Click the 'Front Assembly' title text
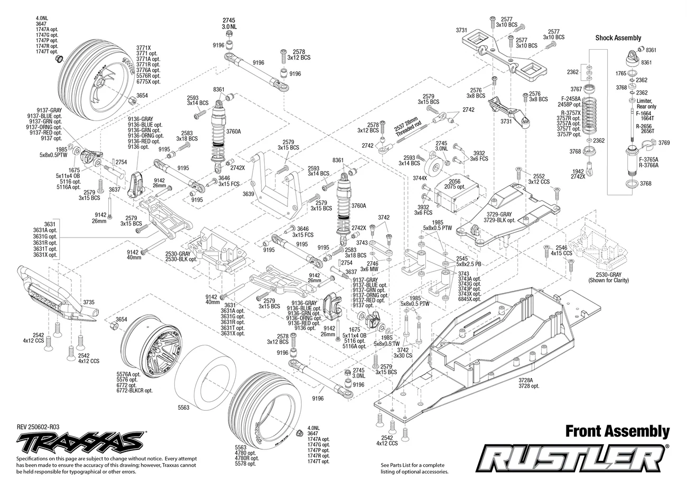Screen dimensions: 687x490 click(x=617, y=431)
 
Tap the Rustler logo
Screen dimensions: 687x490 click(x=572, y=458)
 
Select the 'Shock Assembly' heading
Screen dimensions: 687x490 click(x=618, y=38)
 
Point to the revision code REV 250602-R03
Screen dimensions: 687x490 click(x=38, y=427)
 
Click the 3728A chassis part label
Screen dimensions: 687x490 click(x=526, y=380)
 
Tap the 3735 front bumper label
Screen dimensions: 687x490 click(x=89, y=302)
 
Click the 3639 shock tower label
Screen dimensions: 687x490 click(x=248, y=194)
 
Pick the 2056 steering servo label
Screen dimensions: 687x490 click(x=455, y=182)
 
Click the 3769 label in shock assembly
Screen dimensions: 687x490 click(x=664, y=143)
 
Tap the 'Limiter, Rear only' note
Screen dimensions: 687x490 click(x=646, y=103)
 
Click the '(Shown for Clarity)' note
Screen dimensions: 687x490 click(x=608, y=280)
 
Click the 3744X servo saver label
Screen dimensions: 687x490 click(x=420, y=178)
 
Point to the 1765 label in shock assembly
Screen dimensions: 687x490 click(x=621, y=73)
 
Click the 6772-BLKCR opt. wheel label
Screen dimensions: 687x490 click(x=134, y=391)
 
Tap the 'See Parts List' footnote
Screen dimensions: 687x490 click(x=414, y=468)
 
